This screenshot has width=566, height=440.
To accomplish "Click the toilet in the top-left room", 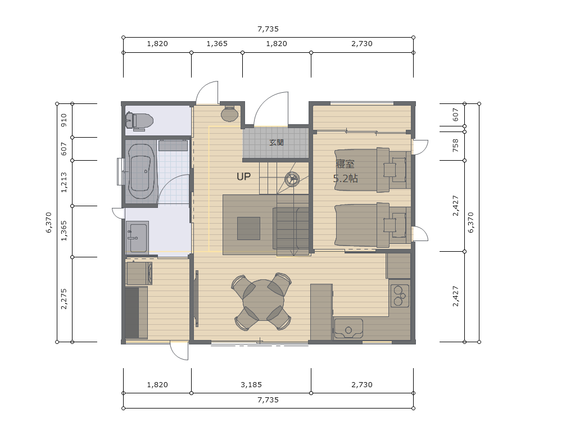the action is [x=139, y=121].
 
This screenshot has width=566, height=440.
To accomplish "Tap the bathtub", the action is [x=142, y=171].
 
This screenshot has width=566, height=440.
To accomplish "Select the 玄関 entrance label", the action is [x=277, y=143].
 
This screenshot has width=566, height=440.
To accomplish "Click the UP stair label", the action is [x=243, y=176].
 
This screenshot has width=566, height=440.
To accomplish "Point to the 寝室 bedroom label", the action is [x=346, y=164].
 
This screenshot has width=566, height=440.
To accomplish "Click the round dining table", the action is [x=263, y=300].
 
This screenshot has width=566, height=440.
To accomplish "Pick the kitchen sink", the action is [x=348, y=329].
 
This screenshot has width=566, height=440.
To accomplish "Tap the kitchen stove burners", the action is [x=400, y=296].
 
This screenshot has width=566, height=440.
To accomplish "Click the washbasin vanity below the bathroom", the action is [x=137, y=237].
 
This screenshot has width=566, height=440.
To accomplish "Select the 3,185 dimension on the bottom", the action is [x=251, y=385].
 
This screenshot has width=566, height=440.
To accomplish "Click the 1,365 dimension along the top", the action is [x=217, y=44].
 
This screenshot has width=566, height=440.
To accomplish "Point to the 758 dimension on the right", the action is [x=455, y=145].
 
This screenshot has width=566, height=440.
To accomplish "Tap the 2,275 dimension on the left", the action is [x=64, y=299].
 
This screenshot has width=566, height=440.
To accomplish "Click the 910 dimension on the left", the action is [x=64, y=120].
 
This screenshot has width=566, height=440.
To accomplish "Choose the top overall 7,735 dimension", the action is [x=268, y=29].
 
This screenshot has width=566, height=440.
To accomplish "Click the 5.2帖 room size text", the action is [x=346, y=178].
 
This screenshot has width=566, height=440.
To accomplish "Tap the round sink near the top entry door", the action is [x=229, y=114].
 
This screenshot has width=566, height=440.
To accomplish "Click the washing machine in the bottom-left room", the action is [x=139, y=274].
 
